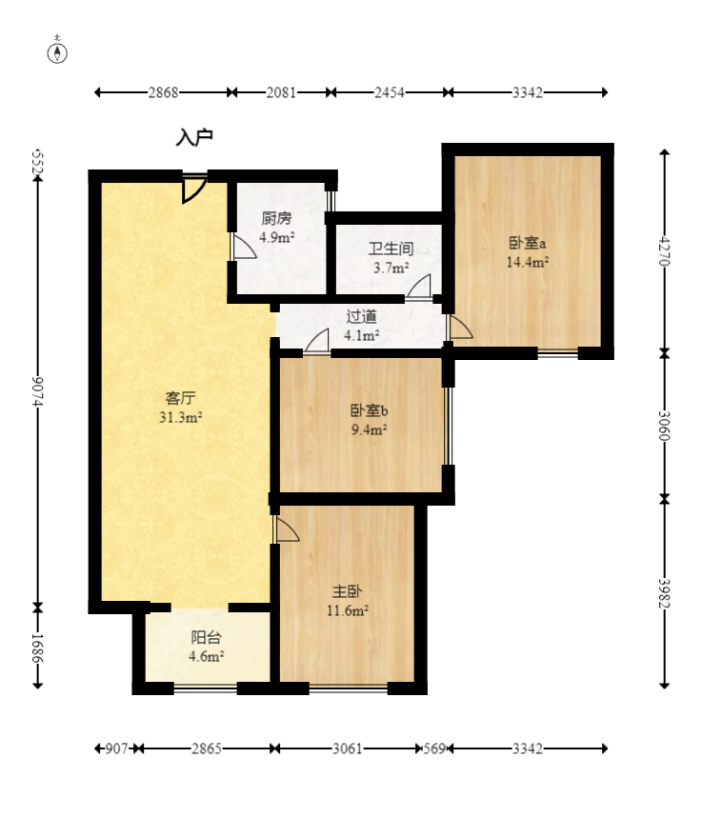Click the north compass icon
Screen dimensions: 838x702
pyautogui.click(x=58, y=51)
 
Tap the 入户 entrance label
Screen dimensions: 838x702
pyautogui.click(x=194, y=138)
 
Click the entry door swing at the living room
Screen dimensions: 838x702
pyautogui.click(x=192, y=189)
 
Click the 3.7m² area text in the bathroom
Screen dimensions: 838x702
pyautogui.click(x=391, y=269)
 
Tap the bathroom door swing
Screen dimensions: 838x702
pyautogui.click(x=419, y=287)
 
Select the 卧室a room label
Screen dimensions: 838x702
pyautogui.click(x=527, y=243)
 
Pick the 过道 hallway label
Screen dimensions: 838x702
pyautogui.click(x=361, y=316)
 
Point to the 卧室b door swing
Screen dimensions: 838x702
pyautogui.click(x=317, y=340)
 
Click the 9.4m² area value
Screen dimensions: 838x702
pyautogui.click(x=368, y=429)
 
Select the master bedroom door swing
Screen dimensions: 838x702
pyautogui.click(x=287, y=530)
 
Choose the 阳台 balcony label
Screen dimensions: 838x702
pyautogui.click(x=206, y=637)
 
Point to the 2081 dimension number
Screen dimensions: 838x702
pyautogui.click(x=281, y=92)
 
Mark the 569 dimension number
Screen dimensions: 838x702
pyautogui.click(x=435, y=748)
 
